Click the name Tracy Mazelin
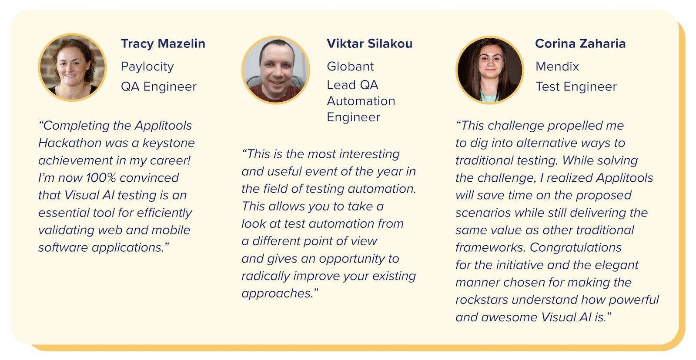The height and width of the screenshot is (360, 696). click(163, 43)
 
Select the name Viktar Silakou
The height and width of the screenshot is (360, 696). click(369, 43)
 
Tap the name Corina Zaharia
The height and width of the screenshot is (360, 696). click(580, 43)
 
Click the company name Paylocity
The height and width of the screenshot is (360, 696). click(147, 67)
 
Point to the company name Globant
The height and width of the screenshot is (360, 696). click(350, 67)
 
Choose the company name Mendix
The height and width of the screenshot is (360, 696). click(557, 67)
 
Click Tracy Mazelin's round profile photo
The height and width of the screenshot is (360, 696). click(72, 67)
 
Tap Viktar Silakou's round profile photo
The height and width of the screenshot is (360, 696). click(276, 70)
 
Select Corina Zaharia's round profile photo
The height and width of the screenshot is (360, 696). click(489, 70)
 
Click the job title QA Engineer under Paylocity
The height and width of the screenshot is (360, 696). click(158, 87)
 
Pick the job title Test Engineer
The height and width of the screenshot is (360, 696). click(576, 87)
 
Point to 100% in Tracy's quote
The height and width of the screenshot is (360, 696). click(101, 178)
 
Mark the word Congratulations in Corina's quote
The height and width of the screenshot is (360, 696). click(576, 247)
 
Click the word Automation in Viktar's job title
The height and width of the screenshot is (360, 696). click(361, 101)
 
